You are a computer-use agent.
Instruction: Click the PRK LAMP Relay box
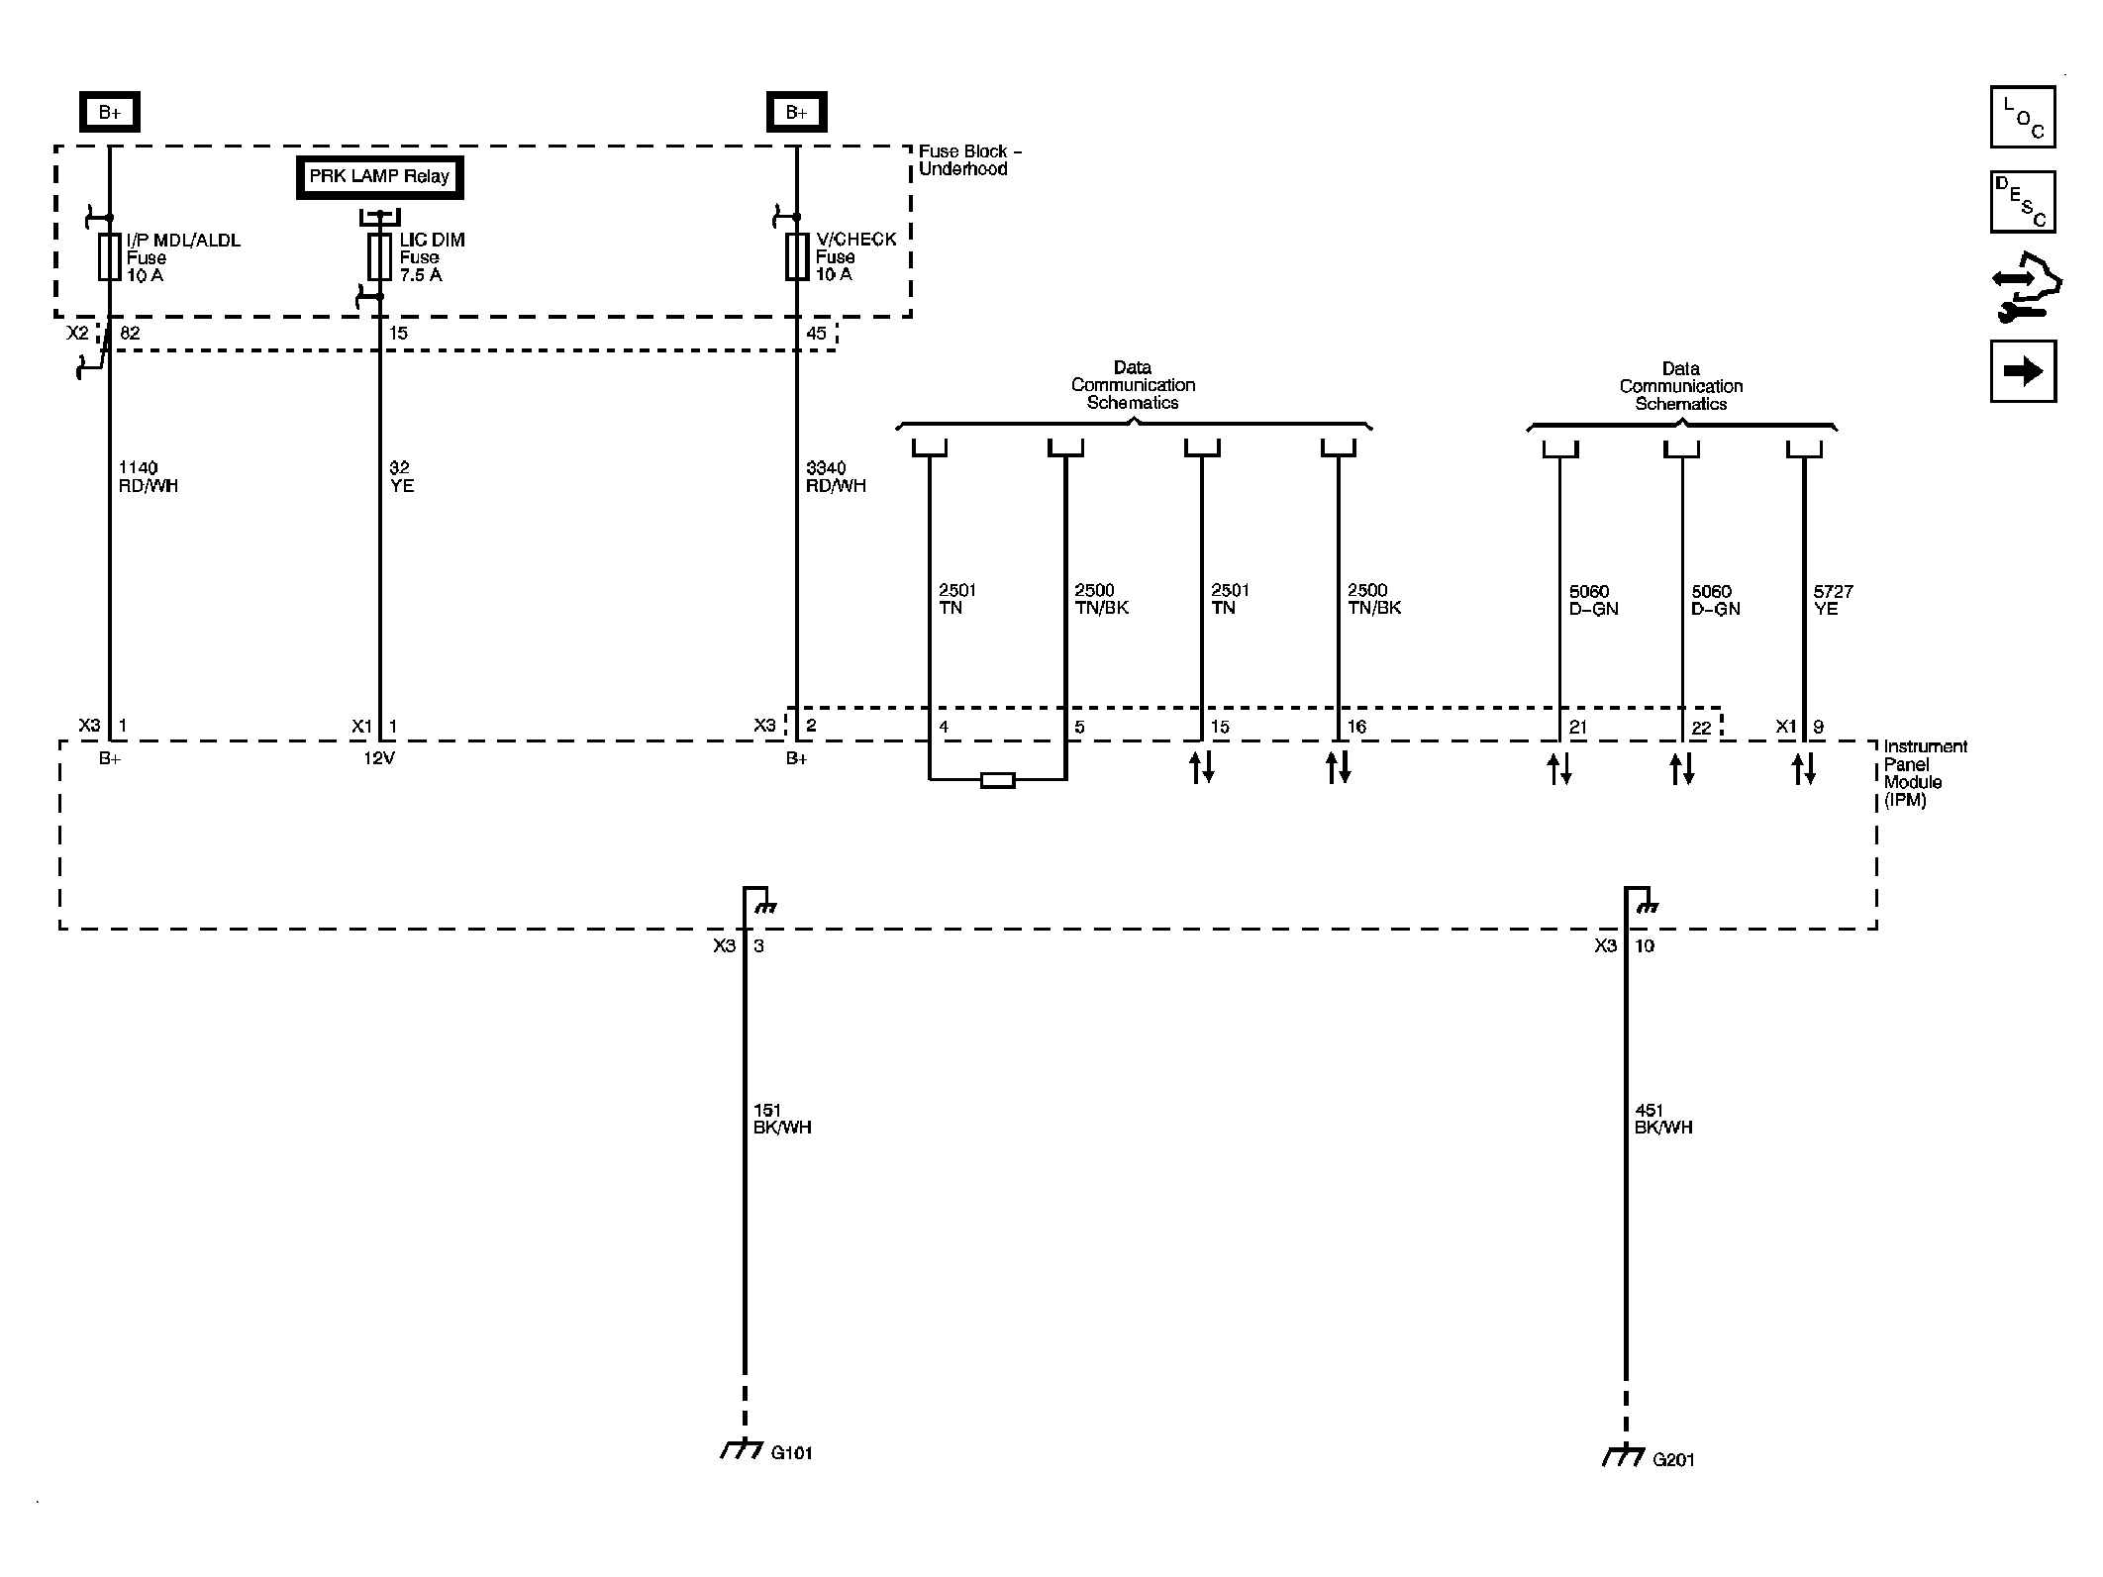[x=379, y=177]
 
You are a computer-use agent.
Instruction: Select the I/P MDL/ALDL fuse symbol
[x=110, y=256]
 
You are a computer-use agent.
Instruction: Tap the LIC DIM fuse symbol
[x=379, y=257]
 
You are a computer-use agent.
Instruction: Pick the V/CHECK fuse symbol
[x=797, y=256]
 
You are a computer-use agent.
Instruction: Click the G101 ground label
[x=791, y=1453]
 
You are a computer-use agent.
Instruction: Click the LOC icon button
[x=2023, y=117]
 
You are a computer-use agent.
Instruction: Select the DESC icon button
[x=2023, y=202]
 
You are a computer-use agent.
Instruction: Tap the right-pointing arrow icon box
[x=2023, y=371]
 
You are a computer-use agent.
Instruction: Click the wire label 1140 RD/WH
[x=148, y=476]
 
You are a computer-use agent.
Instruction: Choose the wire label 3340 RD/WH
[x=836, y=476]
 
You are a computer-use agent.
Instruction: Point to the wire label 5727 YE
[x=1833, y=600]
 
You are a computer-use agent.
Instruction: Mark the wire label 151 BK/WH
[x=781, y=1119]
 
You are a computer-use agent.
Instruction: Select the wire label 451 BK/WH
[x=1663, y=1119]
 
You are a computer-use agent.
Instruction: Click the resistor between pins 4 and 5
[x=997, y=780]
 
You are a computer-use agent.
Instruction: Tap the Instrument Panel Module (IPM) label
[x=1924, y=772]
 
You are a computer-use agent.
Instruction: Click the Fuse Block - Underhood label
[x=969, y=159]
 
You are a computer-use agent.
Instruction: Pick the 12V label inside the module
[x=379, y=758]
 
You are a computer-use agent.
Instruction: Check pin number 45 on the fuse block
[x=816, y=334]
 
